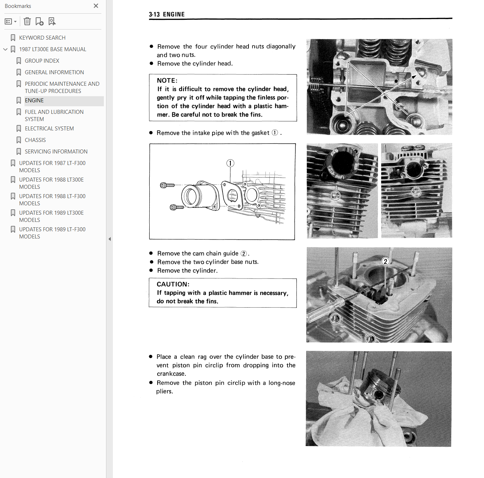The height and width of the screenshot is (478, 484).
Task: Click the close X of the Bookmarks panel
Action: pos(96,6)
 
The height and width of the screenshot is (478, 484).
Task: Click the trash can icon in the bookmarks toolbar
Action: pos(27,21)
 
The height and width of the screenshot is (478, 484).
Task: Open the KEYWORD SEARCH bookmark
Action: pos(42,37)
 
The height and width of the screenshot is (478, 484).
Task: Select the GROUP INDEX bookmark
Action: pos(42,61)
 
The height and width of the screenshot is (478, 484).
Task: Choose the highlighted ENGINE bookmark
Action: pos(34,100)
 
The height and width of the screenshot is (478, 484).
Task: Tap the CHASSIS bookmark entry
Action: pos(35,140)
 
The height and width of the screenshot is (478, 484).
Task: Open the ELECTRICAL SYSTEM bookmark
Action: pos(49,129)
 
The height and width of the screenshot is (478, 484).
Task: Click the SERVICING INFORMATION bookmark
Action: pos(56,152)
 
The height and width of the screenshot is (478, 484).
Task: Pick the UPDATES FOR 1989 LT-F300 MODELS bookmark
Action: pos(52,233)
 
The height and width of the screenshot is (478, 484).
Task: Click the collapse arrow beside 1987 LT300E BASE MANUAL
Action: pos(5,49)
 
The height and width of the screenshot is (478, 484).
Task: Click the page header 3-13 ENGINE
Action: pos(167,14)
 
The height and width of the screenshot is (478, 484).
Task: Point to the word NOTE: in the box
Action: pos(167,81)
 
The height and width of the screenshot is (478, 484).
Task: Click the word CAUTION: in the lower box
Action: pos(173,284)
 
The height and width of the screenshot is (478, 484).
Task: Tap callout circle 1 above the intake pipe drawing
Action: pos(230,163)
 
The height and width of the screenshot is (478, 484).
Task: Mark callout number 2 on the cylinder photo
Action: pos(385,262)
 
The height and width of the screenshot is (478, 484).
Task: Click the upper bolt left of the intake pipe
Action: pos(167,186)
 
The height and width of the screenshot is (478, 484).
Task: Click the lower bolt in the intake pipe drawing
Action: pos(177,207)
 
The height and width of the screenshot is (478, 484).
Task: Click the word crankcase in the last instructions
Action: pos(172,374)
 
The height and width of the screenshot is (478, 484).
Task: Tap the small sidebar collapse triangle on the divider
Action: pos(110,239)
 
